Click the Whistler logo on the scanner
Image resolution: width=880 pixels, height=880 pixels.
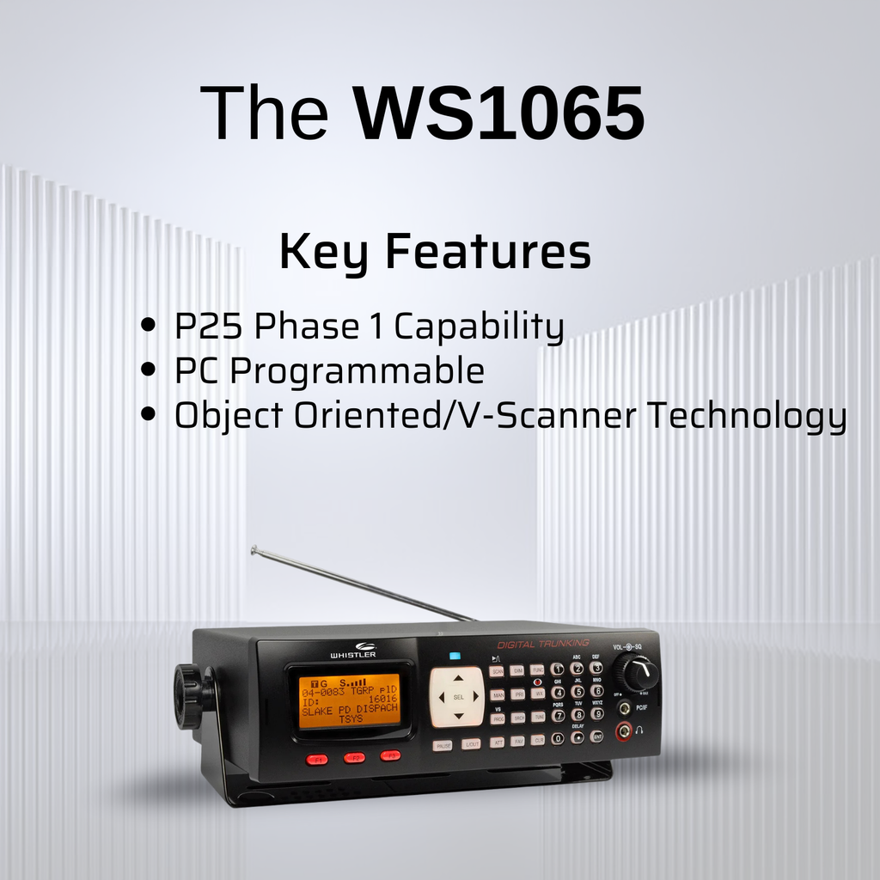pyautogui.click(x=352, y=651)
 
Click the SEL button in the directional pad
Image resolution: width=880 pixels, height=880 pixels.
pyautogui.click(x=458, y=697)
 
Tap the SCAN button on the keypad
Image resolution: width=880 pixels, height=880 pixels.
pyautogui.click(x=497, y=671)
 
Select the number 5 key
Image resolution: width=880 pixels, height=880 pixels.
pyautogui.click(x=577, y=691)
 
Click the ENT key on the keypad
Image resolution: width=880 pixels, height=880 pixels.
pyautogui.click(x=596, y=736)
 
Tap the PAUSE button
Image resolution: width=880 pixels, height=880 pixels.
pyautogui.click(x=442, y=745)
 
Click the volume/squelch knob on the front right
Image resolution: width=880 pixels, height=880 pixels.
pyautogui.click(x=636, y=670)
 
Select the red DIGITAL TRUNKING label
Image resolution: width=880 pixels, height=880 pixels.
pyautogui.click(x=543, y=643)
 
